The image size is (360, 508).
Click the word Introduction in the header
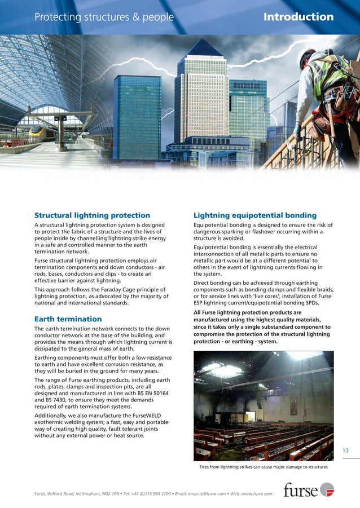[298, 17]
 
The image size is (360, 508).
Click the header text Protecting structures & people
[104, 17]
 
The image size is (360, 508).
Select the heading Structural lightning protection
[92, 215]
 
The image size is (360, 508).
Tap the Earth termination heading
[68, 319]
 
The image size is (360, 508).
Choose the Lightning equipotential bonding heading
[254, 215]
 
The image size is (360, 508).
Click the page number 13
[345, 450]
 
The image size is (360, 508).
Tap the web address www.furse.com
[258, 494]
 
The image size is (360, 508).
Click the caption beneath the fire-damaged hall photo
[264, 467]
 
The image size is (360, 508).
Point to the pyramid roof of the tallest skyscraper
[204, 48]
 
